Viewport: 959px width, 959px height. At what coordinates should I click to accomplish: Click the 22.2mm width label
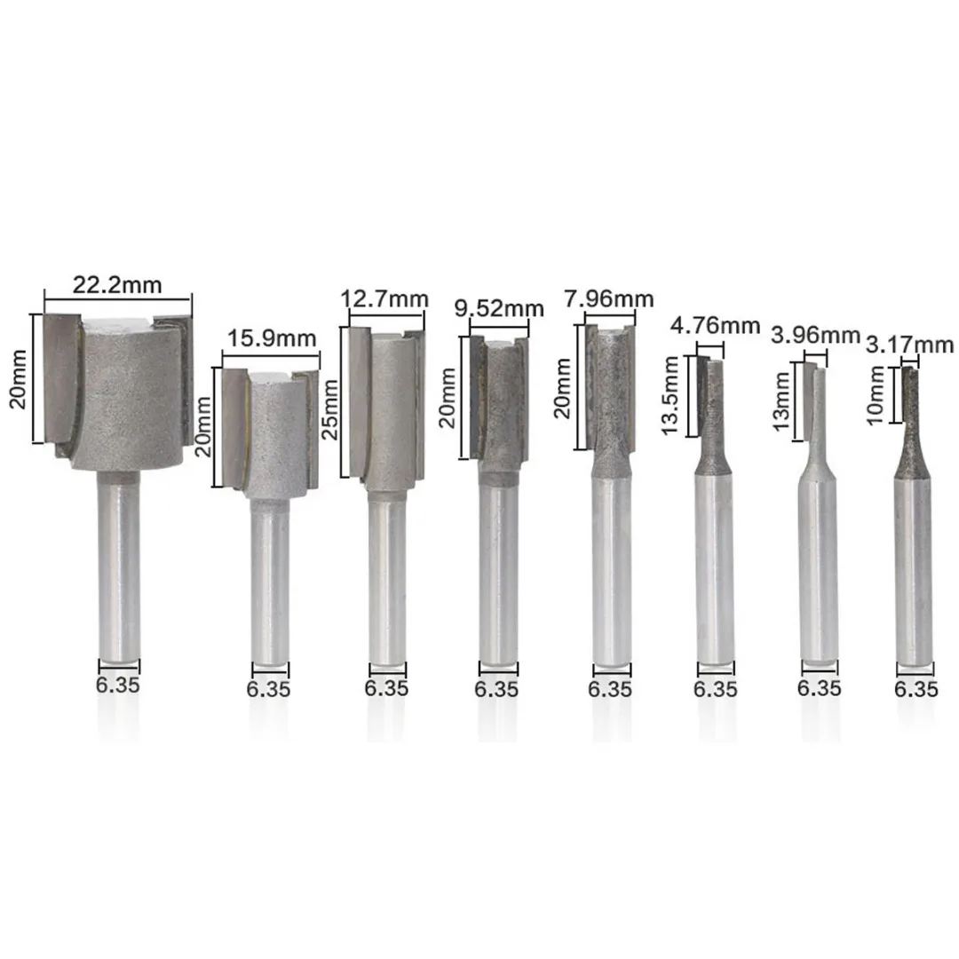117,285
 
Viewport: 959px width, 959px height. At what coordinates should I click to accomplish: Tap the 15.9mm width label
272,338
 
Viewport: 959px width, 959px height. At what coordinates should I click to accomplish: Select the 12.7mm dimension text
384,300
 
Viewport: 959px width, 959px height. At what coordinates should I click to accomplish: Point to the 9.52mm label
499,308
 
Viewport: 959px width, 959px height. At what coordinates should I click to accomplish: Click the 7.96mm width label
608,299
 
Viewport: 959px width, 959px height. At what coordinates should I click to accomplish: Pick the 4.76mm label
715,325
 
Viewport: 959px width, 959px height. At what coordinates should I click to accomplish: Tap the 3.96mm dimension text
815,335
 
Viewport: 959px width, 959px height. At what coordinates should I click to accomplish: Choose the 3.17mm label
910,345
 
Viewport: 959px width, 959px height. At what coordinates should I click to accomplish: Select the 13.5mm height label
670,396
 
